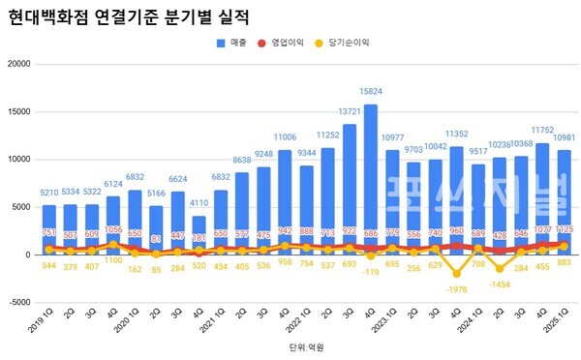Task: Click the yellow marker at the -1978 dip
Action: click(x=456, y=274)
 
